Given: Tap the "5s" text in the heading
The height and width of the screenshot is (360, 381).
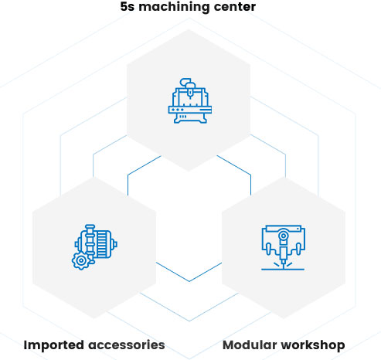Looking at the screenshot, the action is [128, 7].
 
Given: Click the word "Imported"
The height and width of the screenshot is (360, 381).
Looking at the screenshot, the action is [53, 345].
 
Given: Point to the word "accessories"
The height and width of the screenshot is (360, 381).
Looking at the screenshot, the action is [127, 345].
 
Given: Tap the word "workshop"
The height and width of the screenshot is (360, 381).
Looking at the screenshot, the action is [310, 345].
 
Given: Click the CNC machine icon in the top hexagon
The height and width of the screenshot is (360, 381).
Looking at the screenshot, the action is [190, 100].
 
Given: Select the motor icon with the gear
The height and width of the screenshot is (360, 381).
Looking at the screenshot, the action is [94, 247].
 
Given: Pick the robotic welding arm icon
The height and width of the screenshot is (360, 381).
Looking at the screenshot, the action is [283, 247].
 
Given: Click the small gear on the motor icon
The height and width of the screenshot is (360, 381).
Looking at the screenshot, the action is [81, 261].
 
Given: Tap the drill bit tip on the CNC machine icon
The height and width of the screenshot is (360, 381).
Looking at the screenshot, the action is [190, 97].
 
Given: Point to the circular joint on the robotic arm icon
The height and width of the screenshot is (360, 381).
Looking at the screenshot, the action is [283, 236].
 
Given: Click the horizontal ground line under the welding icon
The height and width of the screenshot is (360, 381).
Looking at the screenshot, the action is [283, 270].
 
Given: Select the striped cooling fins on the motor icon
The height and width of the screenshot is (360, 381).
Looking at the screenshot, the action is [101, 244].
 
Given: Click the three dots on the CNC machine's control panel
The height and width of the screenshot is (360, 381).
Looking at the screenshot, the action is [178, 110].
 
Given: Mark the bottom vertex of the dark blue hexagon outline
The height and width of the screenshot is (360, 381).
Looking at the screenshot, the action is [189, 281].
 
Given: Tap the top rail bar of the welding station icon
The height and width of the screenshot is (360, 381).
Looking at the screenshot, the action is [283, 229].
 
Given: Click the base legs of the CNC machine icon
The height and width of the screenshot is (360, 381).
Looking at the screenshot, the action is [190, 118].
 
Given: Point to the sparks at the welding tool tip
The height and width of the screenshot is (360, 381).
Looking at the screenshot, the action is [283, 265].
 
